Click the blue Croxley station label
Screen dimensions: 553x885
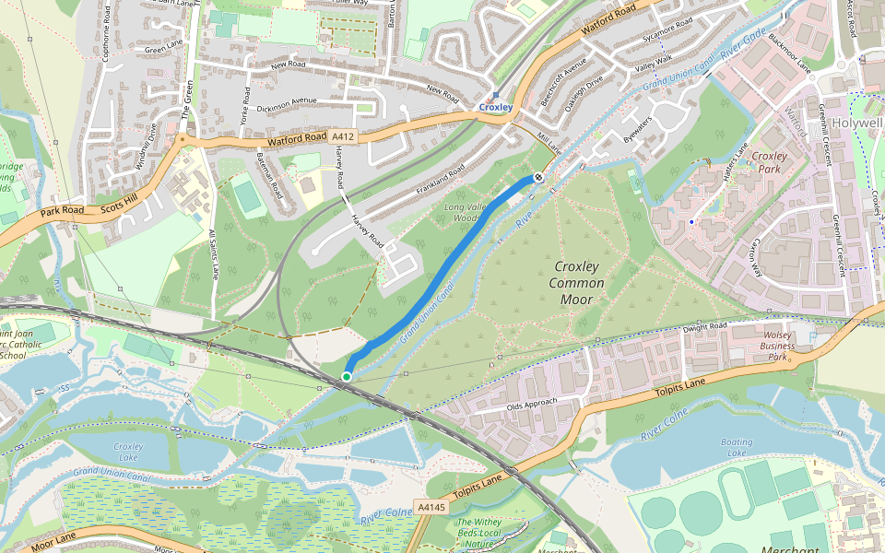click(495, 108)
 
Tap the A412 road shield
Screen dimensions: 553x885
click(343, 136)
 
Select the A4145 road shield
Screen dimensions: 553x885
click(431, 507)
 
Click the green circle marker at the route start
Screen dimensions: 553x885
click(347, 376)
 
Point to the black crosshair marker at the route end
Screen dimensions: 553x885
click(538, 177)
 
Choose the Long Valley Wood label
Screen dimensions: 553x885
click(478, 212)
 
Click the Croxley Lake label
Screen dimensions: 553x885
click(128, 452)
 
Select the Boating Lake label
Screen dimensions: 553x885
click(737, 447)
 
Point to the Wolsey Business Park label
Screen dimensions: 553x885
click(773, 346)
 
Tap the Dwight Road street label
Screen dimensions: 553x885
click(705, 328)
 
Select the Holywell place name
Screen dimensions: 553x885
click(856, 123)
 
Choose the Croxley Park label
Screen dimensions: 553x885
click(769, 162)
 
